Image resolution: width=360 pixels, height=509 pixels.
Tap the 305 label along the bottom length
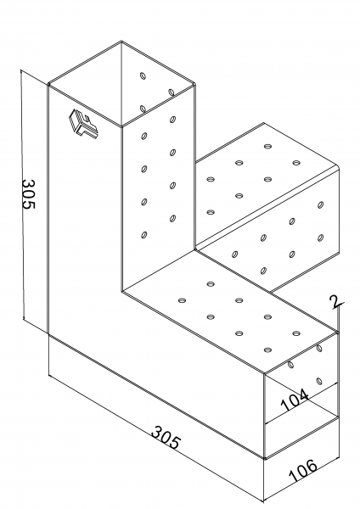tap(165, 439)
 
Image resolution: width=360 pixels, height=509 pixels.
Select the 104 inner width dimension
tap(295, 400)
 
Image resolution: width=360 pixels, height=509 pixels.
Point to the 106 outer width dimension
tap(303, 470)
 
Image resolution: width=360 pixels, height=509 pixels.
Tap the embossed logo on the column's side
tap(83, 125)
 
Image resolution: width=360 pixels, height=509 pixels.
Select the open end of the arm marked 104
tap(301, 400)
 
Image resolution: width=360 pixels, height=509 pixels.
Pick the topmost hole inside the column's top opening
tap(143, 76)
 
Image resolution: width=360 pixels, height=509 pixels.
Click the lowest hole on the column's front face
tap(144, 235)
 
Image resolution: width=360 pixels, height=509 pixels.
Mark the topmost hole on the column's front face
tap(172, 120)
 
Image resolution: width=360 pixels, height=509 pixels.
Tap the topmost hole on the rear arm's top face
tap(267, 147)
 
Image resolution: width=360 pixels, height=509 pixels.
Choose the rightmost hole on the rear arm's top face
tap(295, 163)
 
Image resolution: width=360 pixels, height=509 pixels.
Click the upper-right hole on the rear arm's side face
tap(320, 204)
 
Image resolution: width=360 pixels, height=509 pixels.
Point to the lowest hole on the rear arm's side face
tap(263, 271)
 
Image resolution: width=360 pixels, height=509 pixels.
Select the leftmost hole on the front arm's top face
tap(183, 300)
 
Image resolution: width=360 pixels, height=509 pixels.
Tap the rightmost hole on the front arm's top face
tap(296, 333)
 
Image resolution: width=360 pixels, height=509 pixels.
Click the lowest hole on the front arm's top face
tap(267, 350)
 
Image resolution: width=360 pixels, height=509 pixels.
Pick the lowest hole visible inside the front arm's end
tap(319, 381)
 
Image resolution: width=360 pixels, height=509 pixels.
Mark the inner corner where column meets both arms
tap(196, 249)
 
